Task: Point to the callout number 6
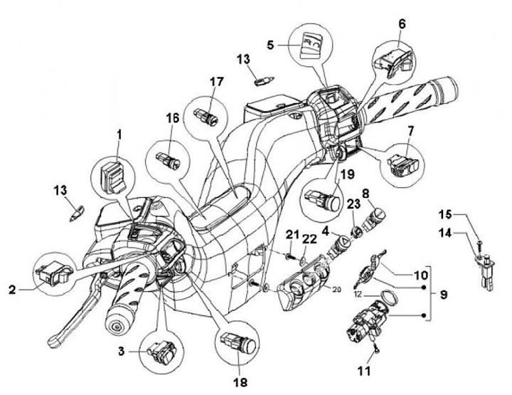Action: [x=402, y=23]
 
